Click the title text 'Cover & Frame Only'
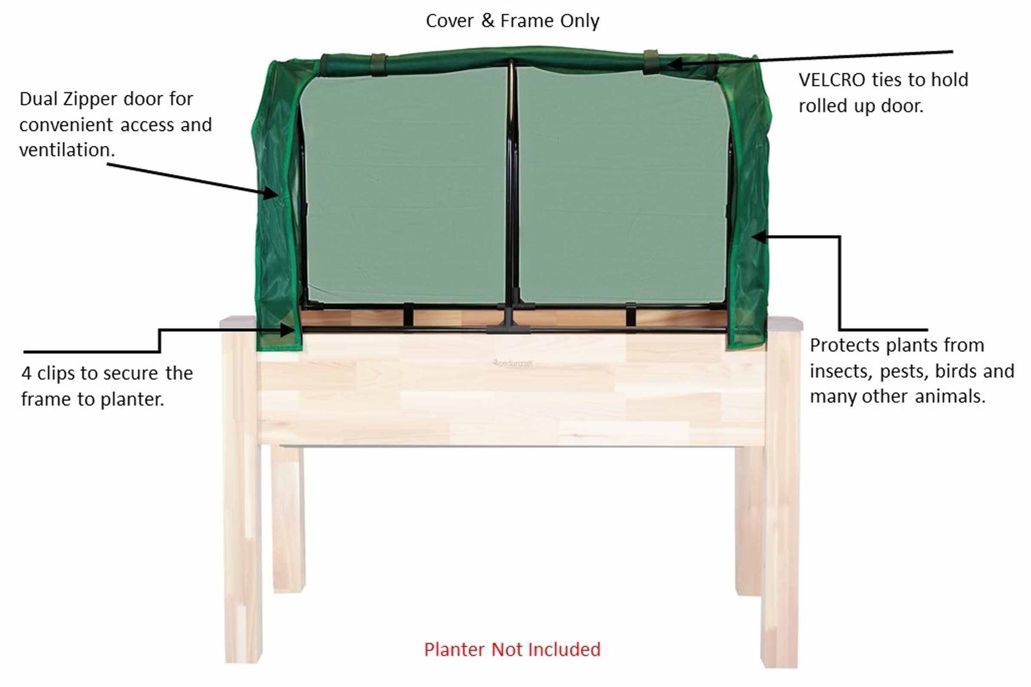tap(512, 21)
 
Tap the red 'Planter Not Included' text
tap(512, 649)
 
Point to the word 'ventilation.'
tap(67, 150)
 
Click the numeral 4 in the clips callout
tap(26, 373)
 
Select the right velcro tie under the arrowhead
tap(652, 62)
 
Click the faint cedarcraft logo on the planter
tap(512, 363)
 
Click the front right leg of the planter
tap(780, 498)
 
